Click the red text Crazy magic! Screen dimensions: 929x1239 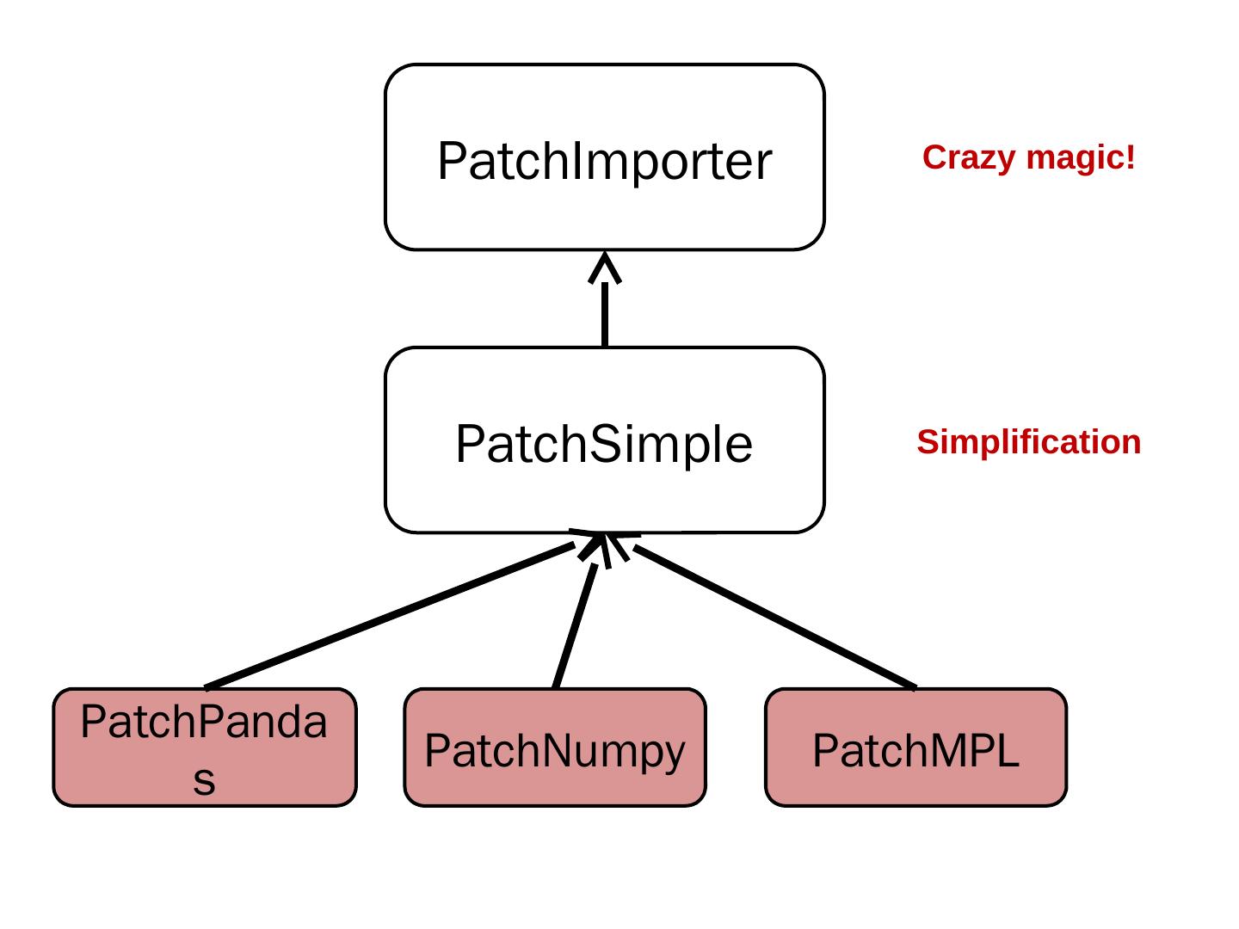(x=1028, y=157)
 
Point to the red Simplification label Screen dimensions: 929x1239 (x=1028, y=442)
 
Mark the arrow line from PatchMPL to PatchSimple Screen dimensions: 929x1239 (x=774, y=617)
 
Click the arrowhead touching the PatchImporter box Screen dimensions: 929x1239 (x=605, y=267)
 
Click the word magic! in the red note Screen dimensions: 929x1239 (x=1081, y=158)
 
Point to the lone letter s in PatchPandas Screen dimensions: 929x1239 (x=204, y=780)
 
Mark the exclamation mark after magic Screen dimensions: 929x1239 (x=1131, y=157)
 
